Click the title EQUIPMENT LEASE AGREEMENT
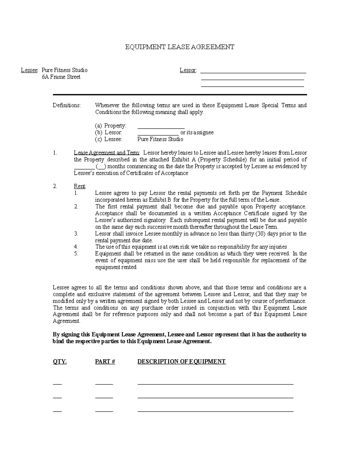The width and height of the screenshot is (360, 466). [179, 47]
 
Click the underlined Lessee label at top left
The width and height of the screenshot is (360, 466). [29, 70]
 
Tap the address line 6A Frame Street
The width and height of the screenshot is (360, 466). [61, 77]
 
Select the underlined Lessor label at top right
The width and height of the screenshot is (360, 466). [188, 70]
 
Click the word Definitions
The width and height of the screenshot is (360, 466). [67, 105]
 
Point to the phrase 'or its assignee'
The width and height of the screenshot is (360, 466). [197, 133]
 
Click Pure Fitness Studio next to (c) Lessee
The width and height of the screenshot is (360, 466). [160, 139]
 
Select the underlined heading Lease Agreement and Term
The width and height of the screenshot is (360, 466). [106, 153]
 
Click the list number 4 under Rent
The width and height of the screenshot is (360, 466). [76, 247]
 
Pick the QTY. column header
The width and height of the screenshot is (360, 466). [60, 362]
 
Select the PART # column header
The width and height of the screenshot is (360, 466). [105, 362]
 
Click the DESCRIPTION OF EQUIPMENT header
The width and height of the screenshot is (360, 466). [181, 362]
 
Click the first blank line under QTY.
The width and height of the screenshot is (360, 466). [57, 384]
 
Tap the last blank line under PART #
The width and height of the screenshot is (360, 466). [104, 411]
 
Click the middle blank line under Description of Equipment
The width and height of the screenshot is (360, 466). [215, 398]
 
